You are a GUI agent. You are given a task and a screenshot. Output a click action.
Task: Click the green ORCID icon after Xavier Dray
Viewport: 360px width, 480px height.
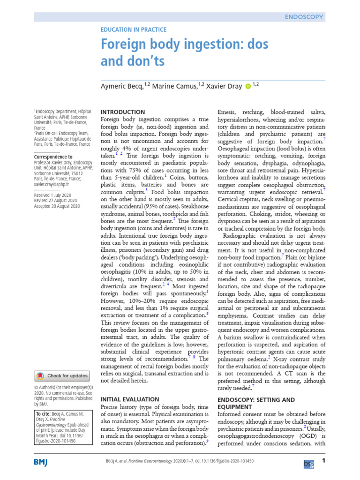click(x=247, y=86)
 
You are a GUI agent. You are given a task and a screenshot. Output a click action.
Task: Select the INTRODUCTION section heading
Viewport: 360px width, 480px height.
click(x=123, y=112)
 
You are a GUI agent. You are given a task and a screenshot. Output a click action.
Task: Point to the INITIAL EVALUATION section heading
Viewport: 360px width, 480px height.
click(x=130, y=399)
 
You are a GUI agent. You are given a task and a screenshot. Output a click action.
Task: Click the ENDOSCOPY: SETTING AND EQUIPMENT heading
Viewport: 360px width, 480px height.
click(x=256, y=403)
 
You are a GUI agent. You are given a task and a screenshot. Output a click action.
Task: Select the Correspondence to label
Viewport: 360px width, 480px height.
click(x=53, y=157)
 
